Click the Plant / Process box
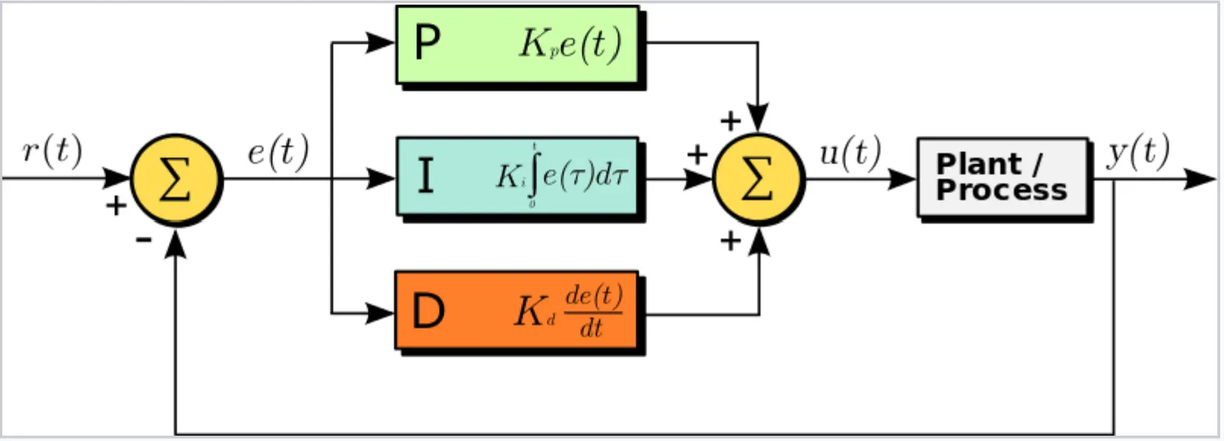click(x=1002, y=177)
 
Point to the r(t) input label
click(x=52, y=150)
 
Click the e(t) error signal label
click(x=278, y=152)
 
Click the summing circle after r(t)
click(x=176, y=180)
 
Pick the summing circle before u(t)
click(x=758, y=180)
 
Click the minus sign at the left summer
click(x=143, y=240)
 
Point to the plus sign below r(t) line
click(x=116, y=205)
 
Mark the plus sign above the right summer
click(x=730, y=120)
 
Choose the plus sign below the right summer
click(x=730, y=241)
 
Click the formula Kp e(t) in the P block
click(x=570, y=44)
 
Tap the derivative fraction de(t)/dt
click(x=593, y=311)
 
